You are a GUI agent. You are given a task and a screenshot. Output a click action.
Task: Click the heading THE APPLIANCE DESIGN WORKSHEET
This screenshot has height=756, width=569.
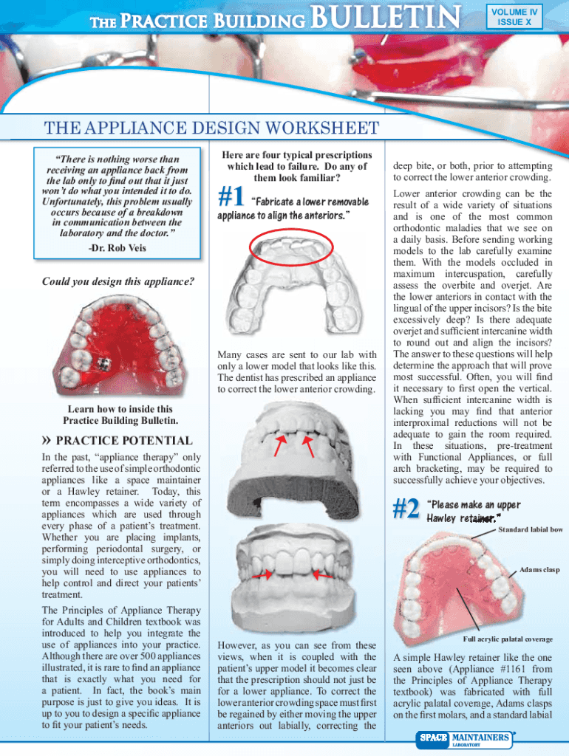tap(211, 128)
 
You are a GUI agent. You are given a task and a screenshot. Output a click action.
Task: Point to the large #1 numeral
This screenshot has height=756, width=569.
tap(232, 198)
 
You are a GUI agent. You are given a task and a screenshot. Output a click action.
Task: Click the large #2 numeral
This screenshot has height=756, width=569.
tap(406, 509)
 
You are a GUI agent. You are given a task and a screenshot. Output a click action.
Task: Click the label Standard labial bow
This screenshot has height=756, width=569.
tap(530, 529)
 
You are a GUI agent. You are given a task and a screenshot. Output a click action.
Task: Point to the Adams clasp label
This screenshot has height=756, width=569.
tap(539, 570)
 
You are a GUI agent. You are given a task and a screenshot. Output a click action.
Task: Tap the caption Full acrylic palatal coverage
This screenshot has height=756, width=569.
tap(508, 639)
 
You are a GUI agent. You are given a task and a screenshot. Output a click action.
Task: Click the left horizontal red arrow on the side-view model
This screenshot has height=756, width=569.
tap(259, 574)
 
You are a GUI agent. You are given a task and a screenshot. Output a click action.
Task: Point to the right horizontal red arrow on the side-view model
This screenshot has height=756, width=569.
tap(320, 574)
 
